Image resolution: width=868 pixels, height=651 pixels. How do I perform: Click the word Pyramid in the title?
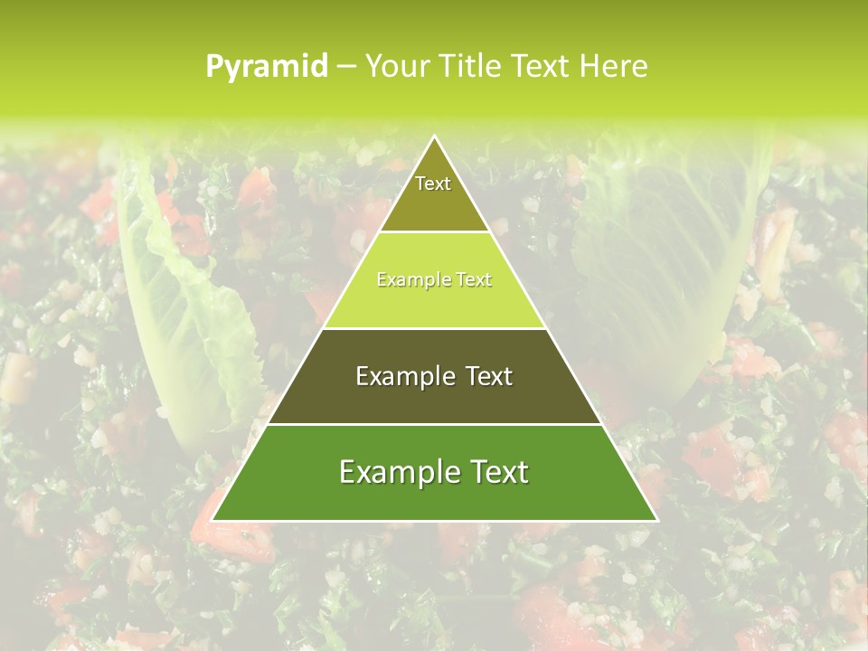pyautogui.click(x=267, y=67)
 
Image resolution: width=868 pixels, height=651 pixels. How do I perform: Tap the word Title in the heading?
pyautogui.click(x=472, y=66)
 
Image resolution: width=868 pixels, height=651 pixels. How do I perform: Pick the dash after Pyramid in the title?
pyautogui.click(x=346, y=67)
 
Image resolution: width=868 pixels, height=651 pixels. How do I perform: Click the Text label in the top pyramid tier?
pyautogui.click(x=433, y=184)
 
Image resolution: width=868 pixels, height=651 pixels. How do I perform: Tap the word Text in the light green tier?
pyautogui.click(x=470, y=280)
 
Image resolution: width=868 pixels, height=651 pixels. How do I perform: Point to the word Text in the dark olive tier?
pyautogui.click(x=489, y=376)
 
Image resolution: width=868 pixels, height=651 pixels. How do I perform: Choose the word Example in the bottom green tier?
pyautogui.click(x=394, y=472)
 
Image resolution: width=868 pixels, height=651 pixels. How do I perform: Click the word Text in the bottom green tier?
pyautogui.click(x=497, y=472)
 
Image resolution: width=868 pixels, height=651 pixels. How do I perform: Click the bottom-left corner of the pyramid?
pyautogui.click(x=212, y=521)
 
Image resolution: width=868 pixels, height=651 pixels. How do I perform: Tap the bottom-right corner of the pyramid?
pyautogui.click(x=657, y=521)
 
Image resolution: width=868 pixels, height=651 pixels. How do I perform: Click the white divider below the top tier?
pyautogui.click(x=434, y=232)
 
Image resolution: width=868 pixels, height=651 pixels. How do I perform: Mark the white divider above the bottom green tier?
pyautogui.click(x=434, y=424)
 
